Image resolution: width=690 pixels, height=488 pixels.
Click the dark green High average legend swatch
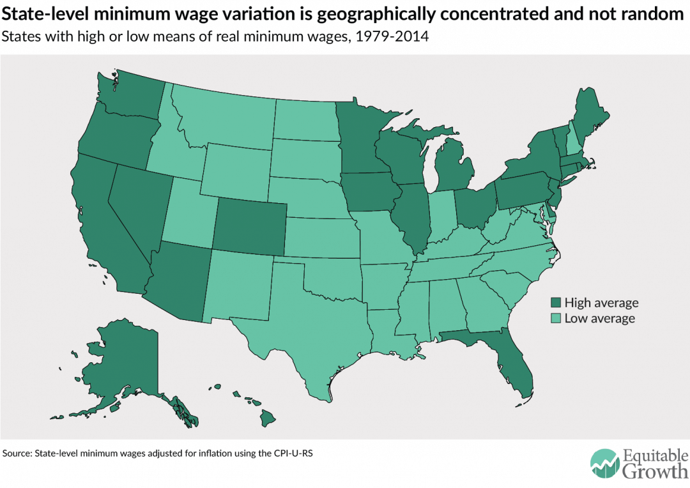tap(556, 303)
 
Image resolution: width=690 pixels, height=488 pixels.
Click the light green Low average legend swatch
tap(556, 318)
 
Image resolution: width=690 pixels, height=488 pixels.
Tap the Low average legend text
tap(599, 318)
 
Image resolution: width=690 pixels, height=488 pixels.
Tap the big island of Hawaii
tap(267, 419)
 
